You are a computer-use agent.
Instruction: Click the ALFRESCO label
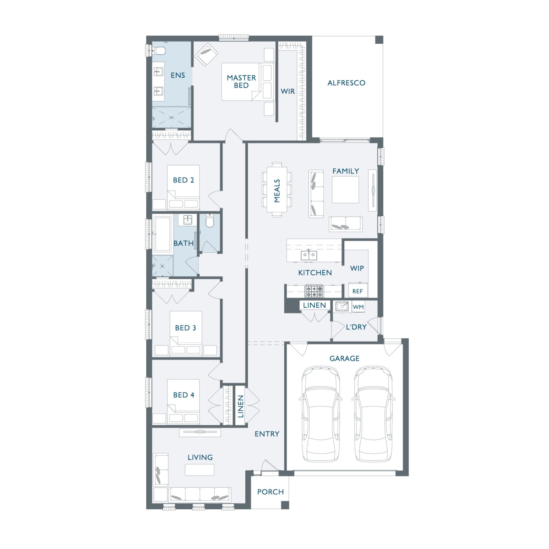tap(346, 83)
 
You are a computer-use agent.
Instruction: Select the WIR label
tap(288, 91)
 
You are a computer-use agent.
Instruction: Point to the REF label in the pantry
tap(357, 291)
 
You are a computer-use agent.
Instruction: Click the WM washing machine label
tap(358, 307)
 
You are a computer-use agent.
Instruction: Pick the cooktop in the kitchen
tap(314, 291)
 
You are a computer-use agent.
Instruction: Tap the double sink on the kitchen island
tap(309, 255)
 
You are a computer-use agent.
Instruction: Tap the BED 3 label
tap(185, 328)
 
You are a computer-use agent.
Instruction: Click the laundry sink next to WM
tap(342, 307)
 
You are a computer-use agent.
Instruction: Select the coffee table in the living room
tap(200, 470)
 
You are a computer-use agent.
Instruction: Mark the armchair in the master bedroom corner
tap(206, 55)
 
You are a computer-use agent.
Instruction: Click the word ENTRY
tap(267, 434)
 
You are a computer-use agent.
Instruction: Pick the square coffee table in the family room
tap(345, 189)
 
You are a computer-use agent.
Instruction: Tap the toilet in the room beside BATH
tap(210, 221)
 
